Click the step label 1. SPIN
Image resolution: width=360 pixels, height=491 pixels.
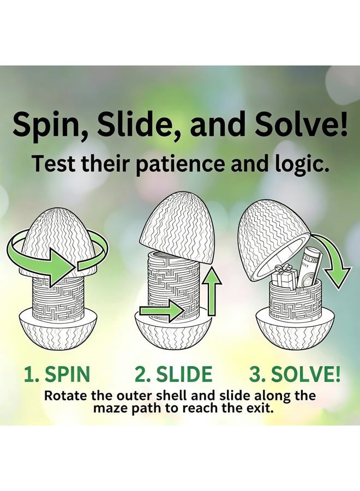pyautogui.click(x=57, y=374)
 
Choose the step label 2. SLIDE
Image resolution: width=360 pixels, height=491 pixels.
pyautogui.click(x=173, y=374)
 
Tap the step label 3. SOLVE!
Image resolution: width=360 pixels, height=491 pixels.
pyautogui.click(x=295, y=374)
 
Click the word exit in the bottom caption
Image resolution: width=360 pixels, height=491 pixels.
pyautogui.click(x=257, y=408)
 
